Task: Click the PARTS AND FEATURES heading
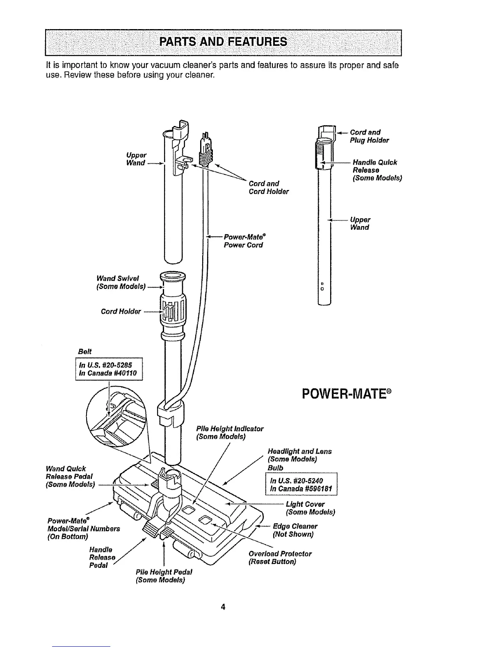tap(223, 42)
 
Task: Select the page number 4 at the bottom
tap(223, 607)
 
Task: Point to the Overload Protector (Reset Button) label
tap(280, 558)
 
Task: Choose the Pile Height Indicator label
tap(230, 433)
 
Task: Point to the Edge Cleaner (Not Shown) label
tap(295, 530)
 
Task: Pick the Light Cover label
tap(310, 508)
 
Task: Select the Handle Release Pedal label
tap(102, 557)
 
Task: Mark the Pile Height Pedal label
tap(164, 576)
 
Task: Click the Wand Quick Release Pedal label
tap(71, 476)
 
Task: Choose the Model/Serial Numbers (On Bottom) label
tap(84, 529)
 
